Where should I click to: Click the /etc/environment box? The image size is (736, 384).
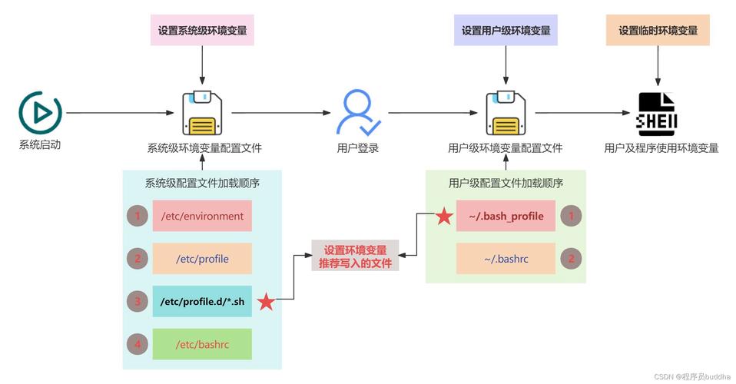[x=202, y=217]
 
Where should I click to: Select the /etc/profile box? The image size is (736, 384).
[x=202, y=259]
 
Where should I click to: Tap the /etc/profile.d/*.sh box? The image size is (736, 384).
[x=202, y=302]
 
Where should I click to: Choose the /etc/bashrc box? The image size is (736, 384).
[x=202, y=345]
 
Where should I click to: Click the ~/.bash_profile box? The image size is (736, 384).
[x=506, y=217]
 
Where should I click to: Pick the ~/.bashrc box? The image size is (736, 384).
[x=506, y=259]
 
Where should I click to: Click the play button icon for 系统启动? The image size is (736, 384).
[x=39, y=113]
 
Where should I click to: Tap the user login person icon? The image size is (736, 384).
[x=357, y=113]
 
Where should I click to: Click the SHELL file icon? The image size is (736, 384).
[x=656, y=114]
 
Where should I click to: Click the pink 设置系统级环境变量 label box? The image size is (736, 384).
[x=202, y=31]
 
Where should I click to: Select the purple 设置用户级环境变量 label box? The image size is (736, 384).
[x=506, y=31]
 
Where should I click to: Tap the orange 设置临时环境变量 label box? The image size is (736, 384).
[x=658, y=31]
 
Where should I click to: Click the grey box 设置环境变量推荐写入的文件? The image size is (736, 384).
[x=355, y=257]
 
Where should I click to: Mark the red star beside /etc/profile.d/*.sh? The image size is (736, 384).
[x=266, y=302]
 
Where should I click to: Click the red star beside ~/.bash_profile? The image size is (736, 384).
[x=444, y=217]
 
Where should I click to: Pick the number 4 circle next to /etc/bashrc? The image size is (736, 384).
[x=138, y=345]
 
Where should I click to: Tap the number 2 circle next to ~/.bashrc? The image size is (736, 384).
[x=571, y=259]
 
